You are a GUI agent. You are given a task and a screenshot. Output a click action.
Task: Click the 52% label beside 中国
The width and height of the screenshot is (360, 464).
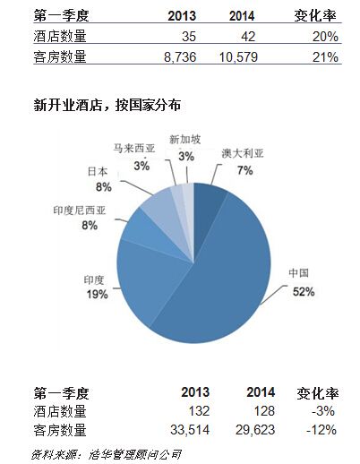[304, 291]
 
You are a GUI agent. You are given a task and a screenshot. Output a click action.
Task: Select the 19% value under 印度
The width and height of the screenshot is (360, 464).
[97, 295]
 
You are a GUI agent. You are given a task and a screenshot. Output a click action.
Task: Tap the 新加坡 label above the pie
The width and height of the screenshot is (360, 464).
[185, 140]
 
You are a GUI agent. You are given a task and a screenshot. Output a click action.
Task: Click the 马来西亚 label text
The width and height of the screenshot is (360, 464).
[134, 148]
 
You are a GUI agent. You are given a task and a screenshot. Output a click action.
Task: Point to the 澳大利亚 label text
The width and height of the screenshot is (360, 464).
[243, 153]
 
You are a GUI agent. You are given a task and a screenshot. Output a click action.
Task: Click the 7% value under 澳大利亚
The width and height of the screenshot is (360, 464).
[245, 170]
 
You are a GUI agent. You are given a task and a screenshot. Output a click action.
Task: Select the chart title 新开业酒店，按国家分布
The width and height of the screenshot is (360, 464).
[107, 105]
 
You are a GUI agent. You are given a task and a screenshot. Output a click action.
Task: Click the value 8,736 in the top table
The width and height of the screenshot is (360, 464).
[180, 56]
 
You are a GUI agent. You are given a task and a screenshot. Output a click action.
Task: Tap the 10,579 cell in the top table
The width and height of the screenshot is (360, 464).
[238, 56]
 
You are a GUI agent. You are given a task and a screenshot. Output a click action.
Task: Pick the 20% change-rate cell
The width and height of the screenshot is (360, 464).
[325, 37]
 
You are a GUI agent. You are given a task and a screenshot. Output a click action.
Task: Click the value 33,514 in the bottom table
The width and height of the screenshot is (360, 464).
[190, 430]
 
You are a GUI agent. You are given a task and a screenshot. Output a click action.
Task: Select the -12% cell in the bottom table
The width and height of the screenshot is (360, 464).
[321, 430]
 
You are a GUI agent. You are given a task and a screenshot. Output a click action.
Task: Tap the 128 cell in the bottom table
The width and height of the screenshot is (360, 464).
[264, 411]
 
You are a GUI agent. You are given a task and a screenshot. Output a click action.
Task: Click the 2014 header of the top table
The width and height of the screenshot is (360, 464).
[242, 16]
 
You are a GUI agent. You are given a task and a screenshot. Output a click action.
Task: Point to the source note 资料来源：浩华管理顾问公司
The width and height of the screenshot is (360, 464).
[106, 454]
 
